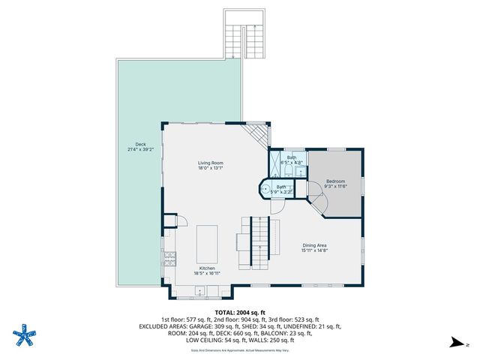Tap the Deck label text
coord(140,145)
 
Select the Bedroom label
coord(335,181)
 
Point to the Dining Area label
coord(314,245)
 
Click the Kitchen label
coord(207,268)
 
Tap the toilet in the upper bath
coord(300,172)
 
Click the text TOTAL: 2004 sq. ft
coord(240,312)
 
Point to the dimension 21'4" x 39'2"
coord(140,150)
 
